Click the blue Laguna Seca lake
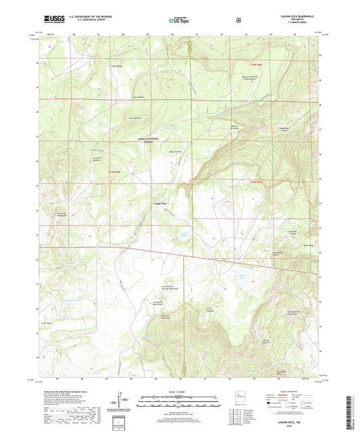tap(182, 236)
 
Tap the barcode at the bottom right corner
tap(352, 413)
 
